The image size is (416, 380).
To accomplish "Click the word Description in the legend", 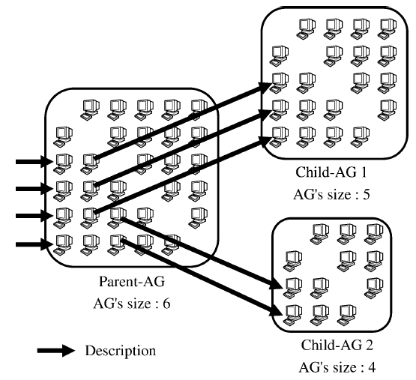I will pyautogui.click(x=121, y=350).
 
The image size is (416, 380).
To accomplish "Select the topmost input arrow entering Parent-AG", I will pyautogui.click(x=32, y=160).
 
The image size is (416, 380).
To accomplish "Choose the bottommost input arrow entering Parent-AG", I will pyautogui.click(x=32, y=244).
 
